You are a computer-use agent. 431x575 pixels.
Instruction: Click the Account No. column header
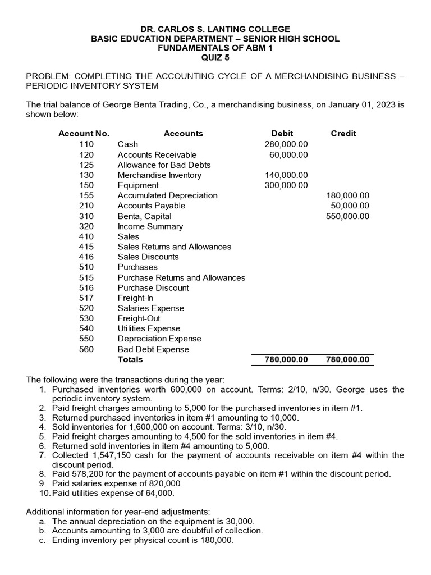click(x=84, y=134)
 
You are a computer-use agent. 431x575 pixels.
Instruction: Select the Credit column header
click(x=343, y=134)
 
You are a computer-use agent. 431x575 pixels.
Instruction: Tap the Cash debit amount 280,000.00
click(x=286, y=144)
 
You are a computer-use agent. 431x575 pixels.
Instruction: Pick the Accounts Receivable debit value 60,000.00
click(x=288, y=154)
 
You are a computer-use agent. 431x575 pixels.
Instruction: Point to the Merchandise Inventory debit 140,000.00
click(x=286, y=175)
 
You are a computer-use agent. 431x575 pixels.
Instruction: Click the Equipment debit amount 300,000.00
click(x=286, y=185)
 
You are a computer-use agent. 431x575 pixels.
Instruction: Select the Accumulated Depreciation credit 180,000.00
click(x=347, y=195)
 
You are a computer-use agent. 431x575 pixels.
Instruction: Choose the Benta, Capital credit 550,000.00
click(x=347, y=216)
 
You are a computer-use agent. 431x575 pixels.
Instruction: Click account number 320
click(x=86, y=226)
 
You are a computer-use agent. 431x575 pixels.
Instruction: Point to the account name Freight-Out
click(x=139, y=318)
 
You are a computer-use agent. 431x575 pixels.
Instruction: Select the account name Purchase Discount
click(x=153, y=287)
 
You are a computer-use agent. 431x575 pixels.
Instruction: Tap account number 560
click(x=86, y=349)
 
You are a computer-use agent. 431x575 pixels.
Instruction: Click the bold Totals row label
click(x=130, y=359)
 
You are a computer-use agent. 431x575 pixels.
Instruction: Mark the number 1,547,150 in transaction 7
click(x=108, y=455)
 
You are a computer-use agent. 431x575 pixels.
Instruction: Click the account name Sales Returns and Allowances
click(x=174, y=247)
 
